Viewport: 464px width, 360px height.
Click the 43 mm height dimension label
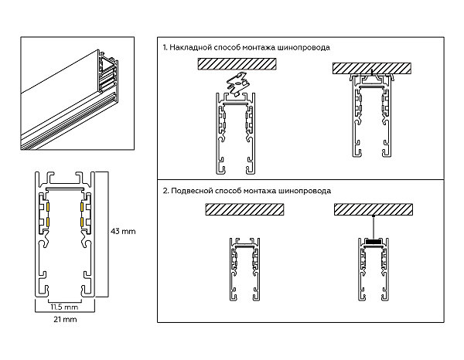click(123, 231)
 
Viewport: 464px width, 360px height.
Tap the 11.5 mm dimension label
click(64, 307)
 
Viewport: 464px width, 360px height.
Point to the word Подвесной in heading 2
click(191, 190)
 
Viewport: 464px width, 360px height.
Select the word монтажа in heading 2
click(271, 190)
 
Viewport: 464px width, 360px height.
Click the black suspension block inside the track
click(374, 243)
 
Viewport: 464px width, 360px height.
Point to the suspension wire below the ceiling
click(374, 226)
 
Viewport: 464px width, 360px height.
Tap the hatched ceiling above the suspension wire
click(374, 209)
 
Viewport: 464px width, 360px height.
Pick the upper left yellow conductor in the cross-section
click(47, 208)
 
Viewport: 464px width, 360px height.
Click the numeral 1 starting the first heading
click(164, 47)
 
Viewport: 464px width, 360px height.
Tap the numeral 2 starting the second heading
click(164, 190)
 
